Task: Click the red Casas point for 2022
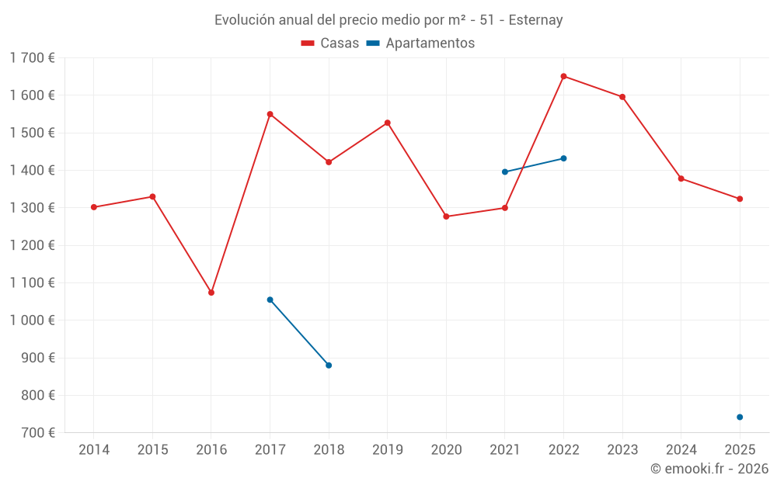563,76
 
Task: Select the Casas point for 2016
211,293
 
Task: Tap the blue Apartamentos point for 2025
740,417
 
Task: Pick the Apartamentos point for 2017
270,300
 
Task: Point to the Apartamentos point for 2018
329,365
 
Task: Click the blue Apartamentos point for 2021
505,172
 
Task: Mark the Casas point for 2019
388,123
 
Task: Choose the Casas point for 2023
622,97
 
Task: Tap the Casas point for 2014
94,207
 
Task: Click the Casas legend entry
331,43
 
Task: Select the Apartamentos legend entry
420,43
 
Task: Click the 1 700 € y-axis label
33,58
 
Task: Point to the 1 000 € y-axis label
33,320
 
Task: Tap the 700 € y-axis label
37,433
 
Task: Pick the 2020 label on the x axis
446,449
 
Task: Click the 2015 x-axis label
152,449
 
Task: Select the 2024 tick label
681,449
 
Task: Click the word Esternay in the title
535,20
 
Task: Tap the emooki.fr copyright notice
709,469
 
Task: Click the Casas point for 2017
270,114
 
